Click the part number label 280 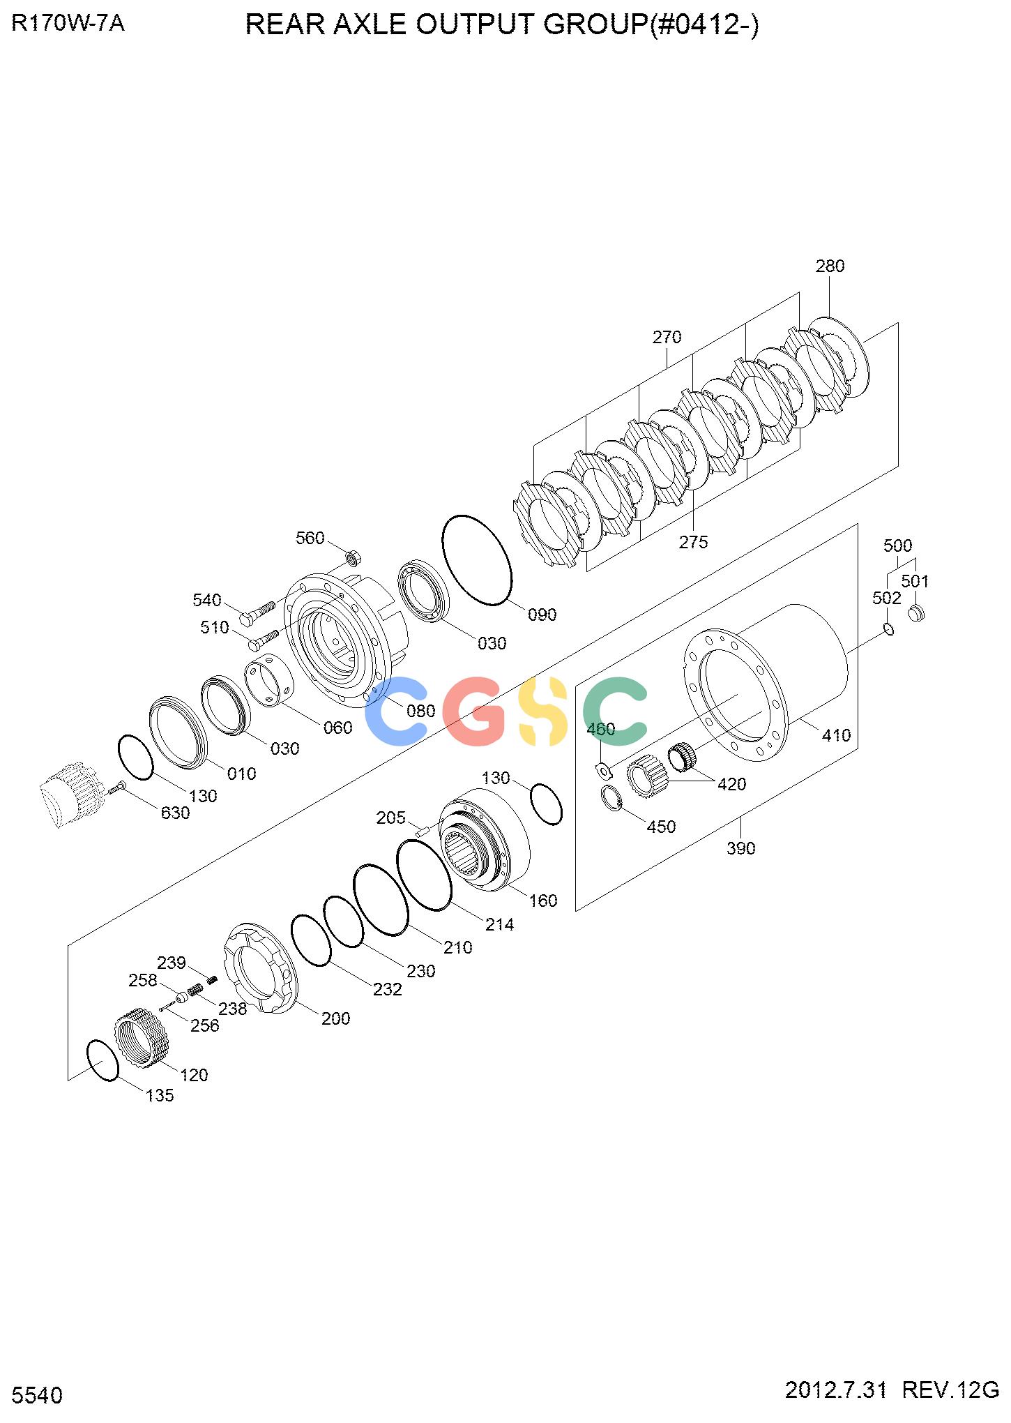click(x=830, y=266)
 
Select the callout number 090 click(x=542, y=615)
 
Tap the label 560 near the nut click(x=310, y=538)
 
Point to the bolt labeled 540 click(x=257, y=611)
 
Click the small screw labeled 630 click(x=116, y=788)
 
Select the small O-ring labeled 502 click(x=888, y=629)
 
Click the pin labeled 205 click(x=420, y=830)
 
